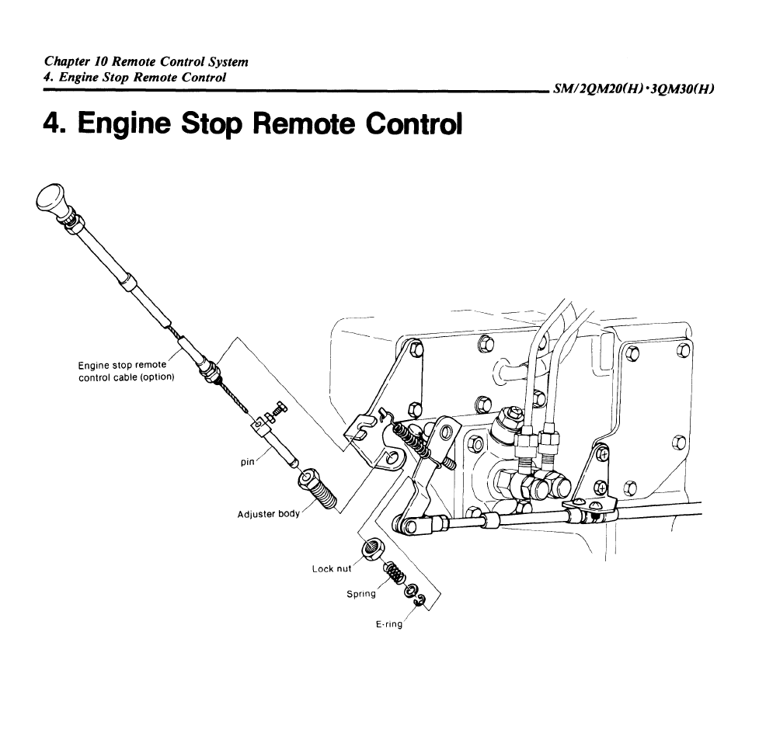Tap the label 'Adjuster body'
click(269, 514)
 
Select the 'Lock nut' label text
click(332, 569)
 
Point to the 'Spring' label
click(361, 594)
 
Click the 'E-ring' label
click(389, 624)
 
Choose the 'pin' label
click(247, 461)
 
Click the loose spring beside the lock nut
click(394, 573)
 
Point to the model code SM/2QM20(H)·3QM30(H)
click(634, 89)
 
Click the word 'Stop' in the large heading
click(211, 124)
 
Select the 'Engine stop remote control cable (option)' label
click(126, 371)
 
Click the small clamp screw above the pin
click(274, 411)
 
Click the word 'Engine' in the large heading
click(124, 125)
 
